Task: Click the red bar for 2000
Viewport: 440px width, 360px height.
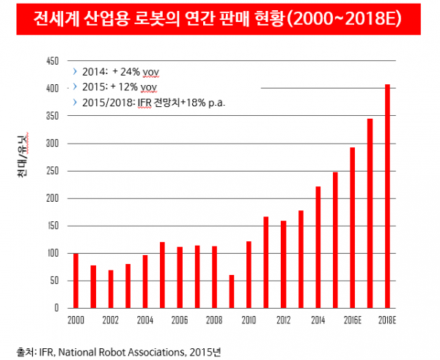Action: pos(76,281)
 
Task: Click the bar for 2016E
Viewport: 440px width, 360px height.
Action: pos(353,228)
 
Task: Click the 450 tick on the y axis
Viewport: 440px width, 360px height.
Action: pos(52,62)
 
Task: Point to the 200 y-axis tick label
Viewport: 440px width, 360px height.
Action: pos(52,199)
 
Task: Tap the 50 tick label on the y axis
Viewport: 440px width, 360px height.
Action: pos(54,281)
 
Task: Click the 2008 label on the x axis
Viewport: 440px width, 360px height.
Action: pos(214,320)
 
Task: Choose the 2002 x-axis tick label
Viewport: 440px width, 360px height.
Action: pos(110,320)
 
